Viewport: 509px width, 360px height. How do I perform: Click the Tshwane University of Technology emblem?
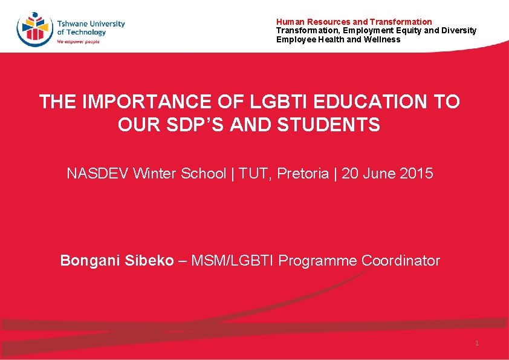point(35,28)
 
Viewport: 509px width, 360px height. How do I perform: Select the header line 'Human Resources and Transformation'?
point(354,22)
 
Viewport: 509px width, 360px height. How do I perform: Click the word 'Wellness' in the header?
point(381,39)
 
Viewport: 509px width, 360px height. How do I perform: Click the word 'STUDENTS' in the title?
point(329,125)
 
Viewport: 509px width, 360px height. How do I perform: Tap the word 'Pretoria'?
point(303,174)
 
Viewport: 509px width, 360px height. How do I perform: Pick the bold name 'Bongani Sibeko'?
point(117,261)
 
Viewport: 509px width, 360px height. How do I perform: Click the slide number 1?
point(477,343)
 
